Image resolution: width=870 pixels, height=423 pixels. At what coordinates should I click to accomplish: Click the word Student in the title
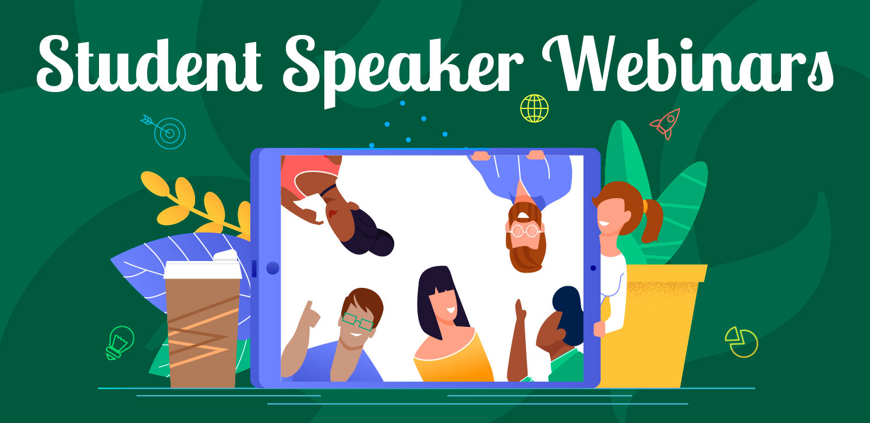pyautogui.click(x=150, y=64)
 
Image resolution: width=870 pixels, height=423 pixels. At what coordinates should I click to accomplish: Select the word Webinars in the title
pyautogui.click(x=688, y=64)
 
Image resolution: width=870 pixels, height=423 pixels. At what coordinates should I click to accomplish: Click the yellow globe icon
pyautogui.click(x=535, y=108)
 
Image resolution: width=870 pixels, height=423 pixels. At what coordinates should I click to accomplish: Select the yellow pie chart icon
pyautogui.click(x=741, y=342)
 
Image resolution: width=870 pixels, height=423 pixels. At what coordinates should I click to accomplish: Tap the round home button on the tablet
pyautogui.click(x=273, y=268)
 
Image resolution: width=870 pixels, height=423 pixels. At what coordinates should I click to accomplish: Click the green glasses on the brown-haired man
pyautogui.click(x=358, y=321)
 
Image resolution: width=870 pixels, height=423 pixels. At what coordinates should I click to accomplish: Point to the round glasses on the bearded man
pyautogui.click(x=525, y=231)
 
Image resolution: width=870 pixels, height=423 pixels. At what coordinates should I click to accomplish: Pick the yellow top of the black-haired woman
pyautogui.click(x=453, y=359)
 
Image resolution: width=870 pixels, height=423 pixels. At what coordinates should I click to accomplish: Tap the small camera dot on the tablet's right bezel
pyautogui.click(x=593, y=268)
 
